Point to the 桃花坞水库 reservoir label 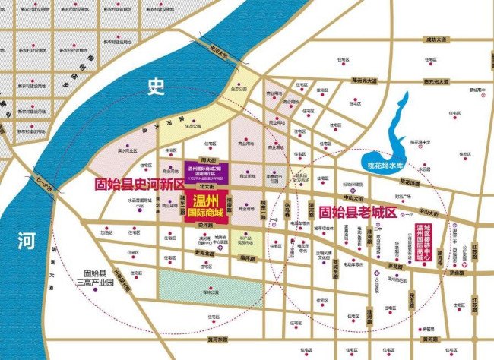[385, 163]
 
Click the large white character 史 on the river [157, 88]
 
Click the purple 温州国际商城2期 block [207, 171]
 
